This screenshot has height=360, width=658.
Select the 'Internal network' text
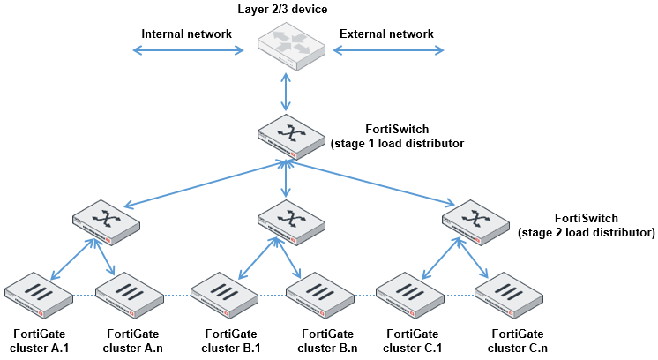click(186, 34)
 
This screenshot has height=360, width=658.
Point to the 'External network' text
click(386, 34)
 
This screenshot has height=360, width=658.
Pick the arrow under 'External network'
click(387, 51)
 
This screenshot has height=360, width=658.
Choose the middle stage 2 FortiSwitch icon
click(288, 221)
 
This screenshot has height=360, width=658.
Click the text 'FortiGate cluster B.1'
click(232, 341)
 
